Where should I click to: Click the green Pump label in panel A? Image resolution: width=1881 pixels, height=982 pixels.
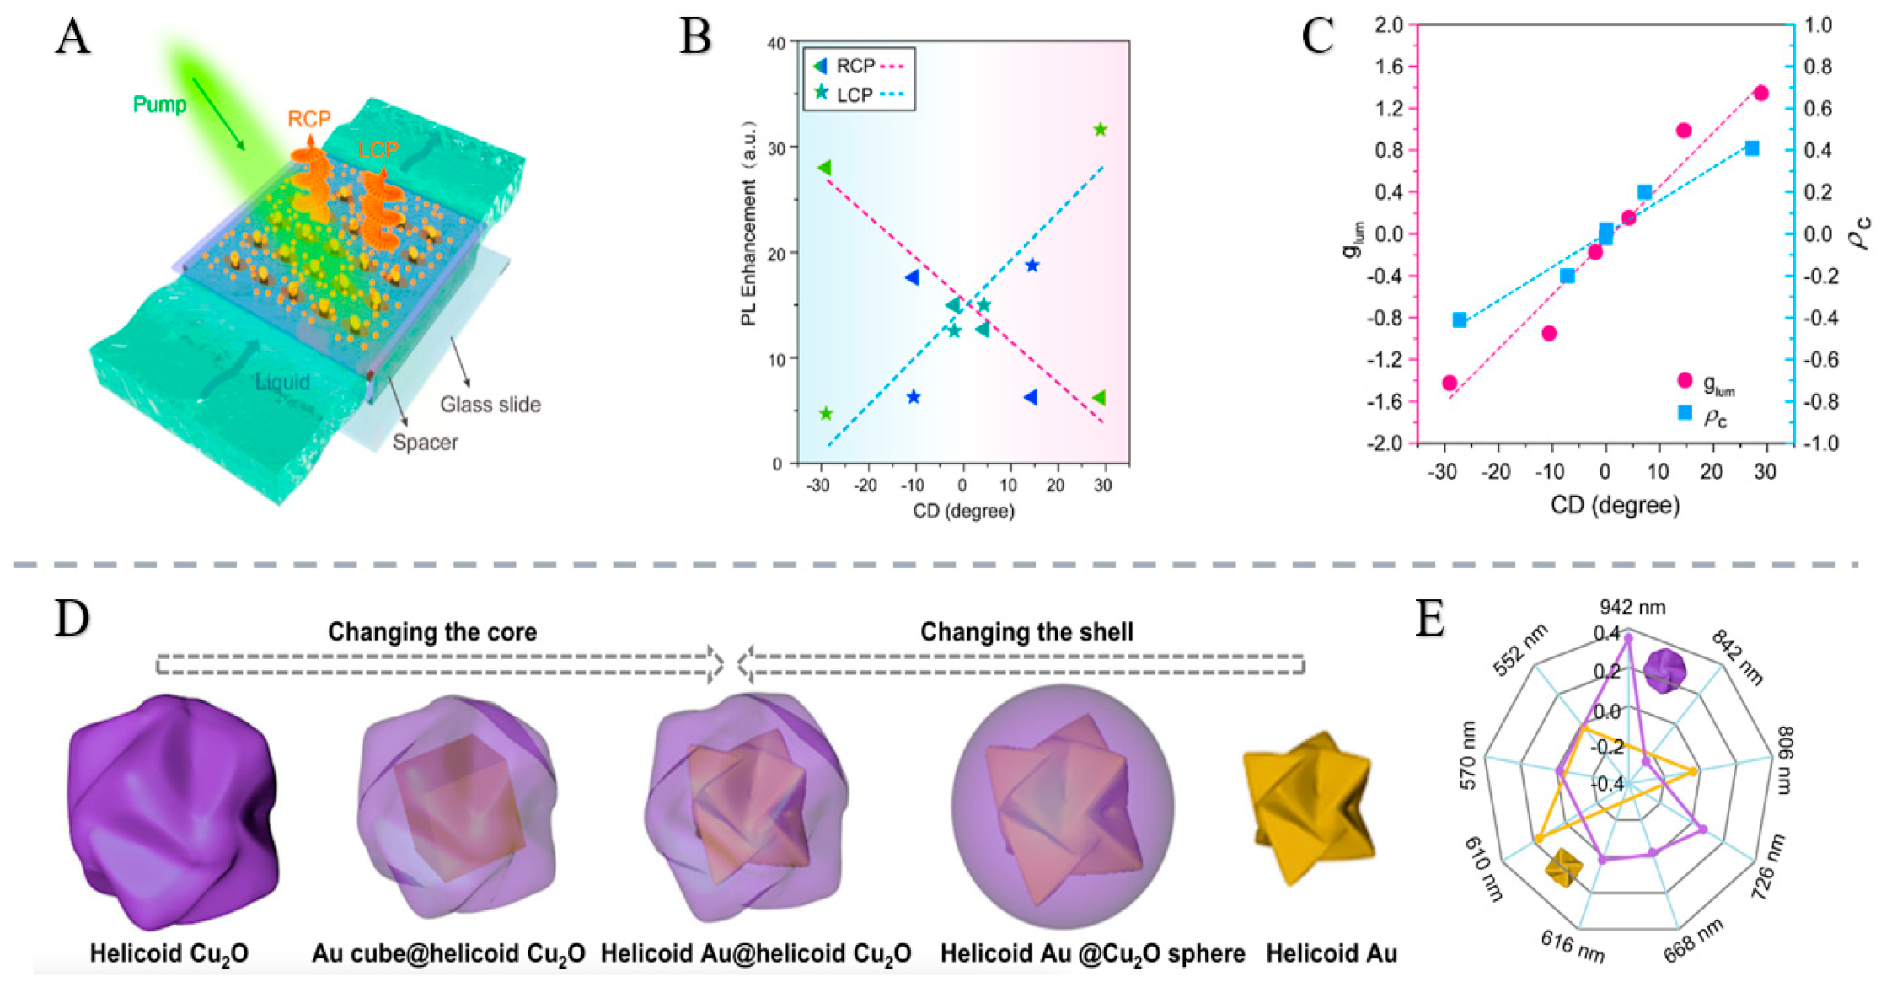point(160,105)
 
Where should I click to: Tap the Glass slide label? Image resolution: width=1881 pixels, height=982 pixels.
point(490,405)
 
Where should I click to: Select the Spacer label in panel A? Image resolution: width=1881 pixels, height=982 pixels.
point(425,443)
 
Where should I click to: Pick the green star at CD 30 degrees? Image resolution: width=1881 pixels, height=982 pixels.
point(1100,130)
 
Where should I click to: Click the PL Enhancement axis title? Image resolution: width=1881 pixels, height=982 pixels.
point(749,223)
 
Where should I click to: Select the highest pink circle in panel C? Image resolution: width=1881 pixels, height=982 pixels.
point(1760,94)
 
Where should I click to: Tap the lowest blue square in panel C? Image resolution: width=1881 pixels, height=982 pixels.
point(1460,320)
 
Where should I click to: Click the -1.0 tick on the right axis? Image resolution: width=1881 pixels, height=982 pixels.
point(1819,443)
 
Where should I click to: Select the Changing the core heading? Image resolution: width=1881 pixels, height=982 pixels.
point(432,632)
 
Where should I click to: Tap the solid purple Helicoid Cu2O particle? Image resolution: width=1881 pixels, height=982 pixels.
point(172,809)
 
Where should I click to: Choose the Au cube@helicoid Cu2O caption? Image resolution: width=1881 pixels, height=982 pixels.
point(448,953)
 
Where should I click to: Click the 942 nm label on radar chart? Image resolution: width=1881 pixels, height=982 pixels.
point(1632,607)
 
